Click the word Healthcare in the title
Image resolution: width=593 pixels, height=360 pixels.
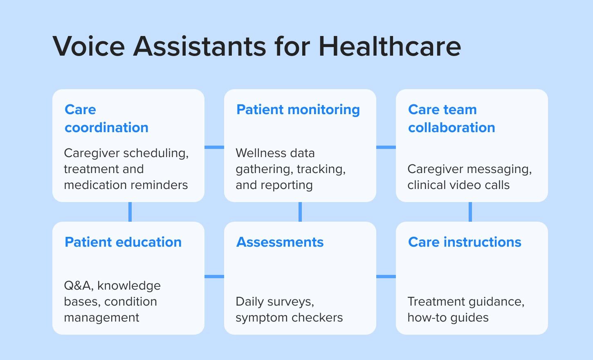tap(390, 46)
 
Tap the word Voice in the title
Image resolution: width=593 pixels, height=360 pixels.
tap(88, 46)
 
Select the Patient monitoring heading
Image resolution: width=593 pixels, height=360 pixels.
tap(298, 110)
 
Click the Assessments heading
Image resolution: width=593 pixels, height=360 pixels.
tap(280, 242)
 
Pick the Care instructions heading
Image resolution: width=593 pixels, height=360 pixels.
tap(465, 242)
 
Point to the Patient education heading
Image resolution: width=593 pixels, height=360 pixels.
tap(123, 242)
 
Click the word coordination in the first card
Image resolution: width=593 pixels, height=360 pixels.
tap(106, 128)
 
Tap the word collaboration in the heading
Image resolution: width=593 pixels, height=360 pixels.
tap(451, 128)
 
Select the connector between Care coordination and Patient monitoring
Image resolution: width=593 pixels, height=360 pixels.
tap(214, 147)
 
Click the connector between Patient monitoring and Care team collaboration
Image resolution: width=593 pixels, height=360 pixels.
tap(386, 147)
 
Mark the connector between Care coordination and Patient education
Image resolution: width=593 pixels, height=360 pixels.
tap(130, 212)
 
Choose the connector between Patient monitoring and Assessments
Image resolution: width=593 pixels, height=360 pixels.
tap(300, 212)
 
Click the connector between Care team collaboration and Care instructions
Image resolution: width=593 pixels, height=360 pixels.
tap(470, 212)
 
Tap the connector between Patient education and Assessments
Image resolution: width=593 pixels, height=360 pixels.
tap(214, 277)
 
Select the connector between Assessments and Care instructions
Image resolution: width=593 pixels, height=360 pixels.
tap(386, 277)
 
